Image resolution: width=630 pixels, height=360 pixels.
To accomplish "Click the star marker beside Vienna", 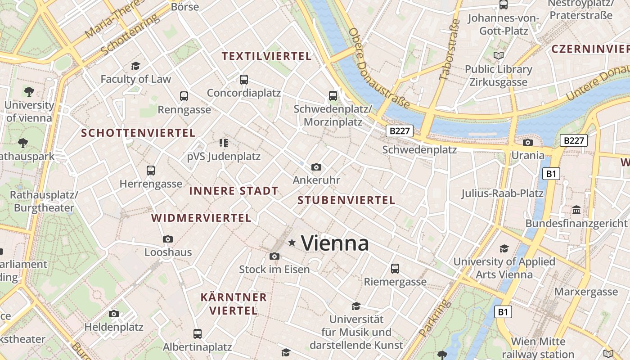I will [292, 243].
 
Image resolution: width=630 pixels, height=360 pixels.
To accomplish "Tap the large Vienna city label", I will [335, 243].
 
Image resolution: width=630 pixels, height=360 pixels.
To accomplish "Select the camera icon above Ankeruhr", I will [316, 167].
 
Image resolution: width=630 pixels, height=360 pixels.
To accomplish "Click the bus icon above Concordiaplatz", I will [244, 80].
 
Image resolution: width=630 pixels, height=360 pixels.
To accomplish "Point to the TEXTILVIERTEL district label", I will [267, 56].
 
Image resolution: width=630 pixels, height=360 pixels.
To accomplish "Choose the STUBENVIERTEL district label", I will [346, 200].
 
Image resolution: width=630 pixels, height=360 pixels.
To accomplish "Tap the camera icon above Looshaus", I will [168, 239].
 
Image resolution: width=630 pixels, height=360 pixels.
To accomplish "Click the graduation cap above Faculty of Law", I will [135, 66].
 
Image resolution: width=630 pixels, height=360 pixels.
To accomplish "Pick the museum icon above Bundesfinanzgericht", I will [576, 210].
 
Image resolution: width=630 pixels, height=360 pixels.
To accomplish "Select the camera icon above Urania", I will [527, 143].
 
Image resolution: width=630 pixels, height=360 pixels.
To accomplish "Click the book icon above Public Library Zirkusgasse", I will [498, 56].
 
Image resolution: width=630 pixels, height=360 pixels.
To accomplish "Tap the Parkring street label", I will [434, 318].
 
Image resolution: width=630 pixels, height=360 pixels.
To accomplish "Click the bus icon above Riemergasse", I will [395, 269].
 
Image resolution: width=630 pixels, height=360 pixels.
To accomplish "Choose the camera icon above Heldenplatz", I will [114, 314].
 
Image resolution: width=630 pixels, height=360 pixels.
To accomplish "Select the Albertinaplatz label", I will [197, 347].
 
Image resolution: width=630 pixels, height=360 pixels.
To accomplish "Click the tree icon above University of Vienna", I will [29, 92].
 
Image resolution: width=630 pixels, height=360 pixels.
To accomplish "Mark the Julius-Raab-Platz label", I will [502, 193].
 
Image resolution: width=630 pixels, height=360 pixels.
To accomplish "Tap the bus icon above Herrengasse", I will [151, 171].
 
